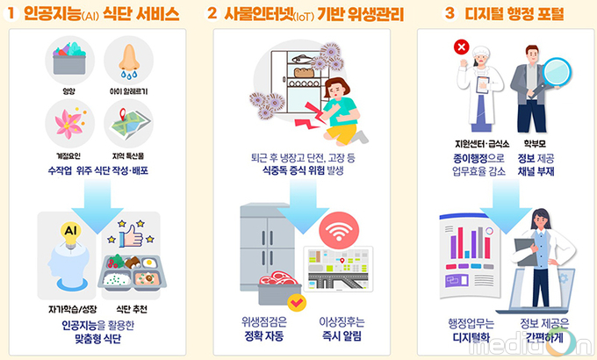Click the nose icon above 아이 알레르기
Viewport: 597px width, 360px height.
[x=129, y=61]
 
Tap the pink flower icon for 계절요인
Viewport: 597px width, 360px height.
[x=69, y=123]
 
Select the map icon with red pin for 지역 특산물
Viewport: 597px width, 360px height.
[x=128, y=123]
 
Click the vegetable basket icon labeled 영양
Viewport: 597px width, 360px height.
[x=69, y=59]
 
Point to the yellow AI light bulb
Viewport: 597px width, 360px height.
[x=71, y=234]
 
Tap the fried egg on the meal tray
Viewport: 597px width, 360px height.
[x=149, y=263]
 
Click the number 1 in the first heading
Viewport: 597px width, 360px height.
[x=11, y=14]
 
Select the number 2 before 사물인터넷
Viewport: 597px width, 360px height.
[x=212, y=14]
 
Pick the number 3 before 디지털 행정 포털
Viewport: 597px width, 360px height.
[x=450, y=14]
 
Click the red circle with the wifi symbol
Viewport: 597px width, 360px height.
[x=339, y=231]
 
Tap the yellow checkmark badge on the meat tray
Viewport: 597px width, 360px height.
[x=297, y=303]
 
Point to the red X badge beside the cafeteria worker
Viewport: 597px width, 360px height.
[x=462, y=47]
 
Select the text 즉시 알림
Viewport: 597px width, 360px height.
[x=342, y=336]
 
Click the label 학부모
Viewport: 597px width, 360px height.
[x=535, y=144]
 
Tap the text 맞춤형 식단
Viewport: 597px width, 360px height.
[x=97, y=339]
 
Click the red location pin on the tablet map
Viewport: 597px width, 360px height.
[x=342, y=261]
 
